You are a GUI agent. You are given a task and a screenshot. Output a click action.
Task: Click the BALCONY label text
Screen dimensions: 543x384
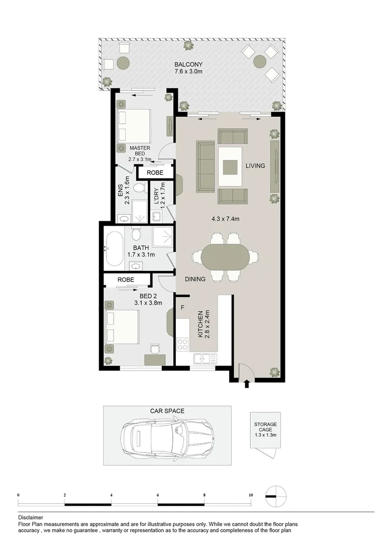[x=188, y=64]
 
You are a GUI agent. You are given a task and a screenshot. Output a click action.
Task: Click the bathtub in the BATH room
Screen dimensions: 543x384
[x=115, y=248]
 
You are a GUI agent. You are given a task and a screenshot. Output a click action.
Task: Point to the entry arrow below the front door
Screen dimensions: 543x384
[x=246, y=385]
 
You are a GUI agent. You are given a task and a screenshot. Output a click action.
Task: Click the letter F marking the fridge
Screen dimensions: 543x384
[x=182, y=307]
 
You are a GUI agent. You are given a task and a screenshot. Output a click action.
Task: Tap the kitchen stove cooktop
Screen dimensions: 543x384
[x=182, y=345]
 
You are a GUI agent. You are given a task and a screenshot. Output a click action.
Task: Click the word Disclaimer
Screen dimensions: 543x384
[x=31, y=517]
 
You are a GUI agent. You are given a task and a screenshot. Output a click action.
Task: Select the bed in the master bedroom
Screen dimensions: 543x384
[x=134, y=126]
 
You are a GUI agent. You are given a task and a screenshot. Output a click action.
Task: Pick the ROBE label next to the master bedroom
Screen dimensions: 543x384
[x=155, y=172]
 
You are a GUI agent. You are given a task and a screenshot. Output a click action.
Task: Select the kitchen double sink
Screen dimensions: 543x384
[x=205, y=359]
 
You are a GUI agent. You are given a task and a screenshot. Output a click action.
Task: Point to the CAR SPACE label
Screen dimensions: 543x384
[x=167, y=411]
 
